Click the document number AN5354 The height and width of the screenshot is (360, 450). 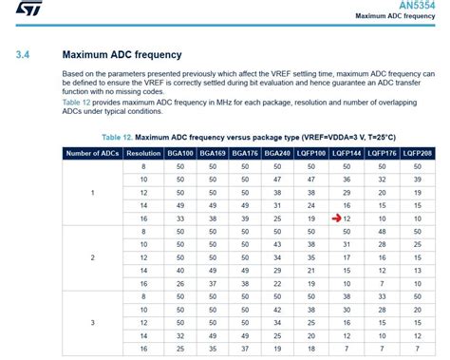click(x=418, y=5)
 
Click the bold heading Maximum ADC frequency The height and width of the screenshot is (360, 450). click(x=122, y=55)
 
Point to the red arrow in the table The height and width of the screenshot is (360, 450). click(x=337, y=218)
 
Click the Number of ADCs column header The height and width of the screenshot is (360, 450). click(x=92, y=152)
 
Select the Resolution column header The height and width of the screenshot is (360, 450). click(x=142, y=152)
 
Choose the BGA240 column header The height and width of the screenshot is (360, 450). click(x=276, y=152)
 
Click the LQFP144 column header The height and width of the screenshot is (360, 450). click(x=347, y=152)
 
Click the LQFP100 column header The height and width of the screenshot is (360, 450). click(x=310, y=152)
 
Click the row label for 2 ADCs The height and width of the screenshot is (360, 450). click(x=92, y=257)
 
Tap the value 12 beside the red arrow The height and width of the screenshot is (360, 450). click(x=349, y=218)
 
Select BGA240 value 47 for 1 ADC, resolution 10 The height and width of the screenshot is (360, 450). click(x=276, y=179)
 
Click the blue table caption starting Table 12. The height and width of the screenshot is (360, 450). click(x=249, y=137)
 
